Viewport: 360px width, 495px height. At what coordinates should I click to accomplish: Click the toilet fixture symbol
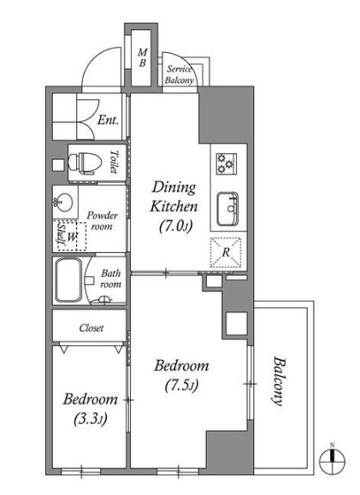click(86, 163)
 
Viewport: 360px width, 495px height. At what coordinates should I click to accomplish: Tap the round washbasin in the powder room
click(63, 202)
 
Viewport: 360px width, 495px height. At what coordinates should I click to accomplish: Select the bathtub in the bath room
click(68, 280)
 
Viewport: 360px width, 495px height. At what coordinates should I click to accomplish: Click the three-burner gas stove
click(227, 163)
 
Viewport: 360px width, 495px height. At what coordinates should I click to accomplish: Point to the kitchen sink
click(227, 209)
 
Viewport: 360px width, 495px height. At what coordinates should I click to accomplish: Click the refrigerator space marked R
click(226, 252)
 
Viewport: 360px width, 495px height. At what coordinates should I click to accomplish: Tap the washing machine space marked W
click(72, 237)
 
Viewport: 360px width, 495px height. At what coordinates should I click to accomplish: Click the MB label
click(143, 58)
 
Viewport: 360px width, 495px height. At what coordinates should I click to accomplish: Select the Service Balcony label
click(179, 74)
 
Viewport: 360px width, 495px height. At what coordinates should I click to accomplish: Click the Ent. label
click(108, 120)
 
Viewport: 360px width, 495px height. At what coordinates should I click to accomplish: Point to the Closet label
click(91, 328)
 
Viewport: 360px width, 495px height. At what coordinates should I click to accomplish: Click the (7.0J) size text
click(175, 226)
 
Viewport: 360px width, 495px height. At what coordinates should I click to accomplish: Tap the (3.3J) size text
click(91, 419)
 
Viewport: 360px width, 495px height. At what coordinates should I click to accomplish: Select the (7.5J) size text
click(181, 385)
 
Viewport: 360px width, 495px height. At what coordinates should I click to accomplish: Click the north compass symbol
click(332, 460)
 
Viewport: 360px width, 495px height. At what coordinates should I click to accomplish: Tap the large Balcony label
click(279, 380)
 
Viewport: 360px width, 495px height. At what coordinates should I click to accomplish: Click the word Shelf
click(60, 234)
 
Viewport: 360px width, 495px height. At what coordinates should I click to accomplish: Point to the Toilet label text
click(114, 162)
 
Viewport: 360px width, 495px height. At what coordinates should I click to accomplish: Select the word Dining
click(174, 188)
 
